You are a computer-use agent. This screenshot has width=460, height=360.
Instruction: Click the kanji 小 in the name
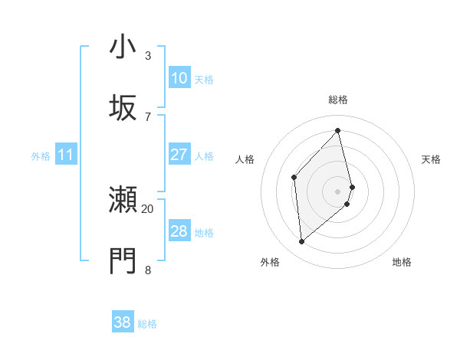click(123, 47)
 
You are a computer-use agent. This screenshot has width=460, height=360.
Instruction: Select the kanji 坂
click(123, 107)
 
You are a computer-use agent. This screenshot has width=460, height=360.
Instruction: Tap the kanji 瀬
click(123, 201)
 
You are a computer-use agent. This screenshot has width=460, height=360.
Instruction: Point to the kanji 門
click(123, 261)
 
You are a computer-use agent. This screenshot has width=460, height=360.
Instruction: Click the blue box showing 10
click(179, 78)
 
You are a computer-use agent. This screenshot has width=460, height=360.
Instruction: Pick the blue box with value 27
click(179, 155)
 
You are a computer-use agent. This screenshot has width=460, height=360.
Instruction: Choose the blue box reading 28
click(179, 231)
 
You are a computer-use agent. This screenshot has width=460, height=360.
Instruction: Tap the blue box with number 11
click(65, 155)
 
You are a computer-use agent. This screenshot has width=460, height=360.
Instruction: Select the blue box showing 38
click(123, 322)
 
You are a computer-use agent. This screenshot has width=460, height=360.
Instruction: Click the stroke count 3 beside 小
click(148, 56)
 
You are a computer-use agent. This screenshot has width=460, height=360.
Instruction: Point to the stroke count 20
click(148, 208)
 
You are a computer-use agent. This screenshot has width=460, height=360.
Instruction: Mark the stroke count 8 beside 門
click(148, 270)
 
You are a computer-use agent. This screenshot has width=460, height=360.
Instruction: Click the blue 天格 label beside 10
click(204, 79)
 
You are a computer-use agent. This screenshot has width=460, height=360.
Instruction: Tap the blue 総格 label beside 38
click(147, 324)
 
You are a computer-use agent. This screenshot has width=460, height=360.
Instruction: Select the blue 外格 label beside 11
click(41, 156)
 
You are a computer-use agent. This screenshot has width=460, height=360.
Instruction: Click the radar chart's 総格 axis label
click(338, 100)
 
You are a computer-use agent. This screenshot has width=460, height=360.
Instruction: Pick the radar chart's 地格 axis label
click(402, 262)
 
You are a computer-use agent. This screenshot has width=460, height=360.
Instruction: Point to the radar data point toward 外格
click(301, 242)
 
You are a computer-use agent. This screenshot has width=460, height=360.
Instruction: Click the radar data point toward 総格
click(338, 131)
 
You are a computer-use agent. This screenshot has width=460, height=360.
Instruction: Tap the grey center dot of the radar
click(338, 191)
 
